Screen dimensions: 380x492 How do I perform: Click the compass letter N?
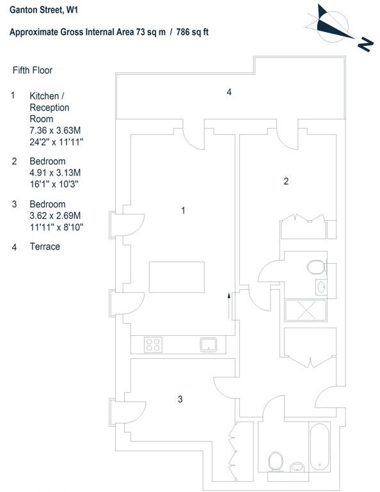pos(365,45)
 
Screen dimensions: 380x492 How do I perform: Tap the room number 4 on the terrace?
pos(229,92)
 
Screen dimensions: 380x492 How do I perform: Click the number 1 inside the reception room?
pos(183,210)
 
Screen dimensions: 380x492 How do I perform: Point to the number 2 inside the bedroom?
pos(286,181)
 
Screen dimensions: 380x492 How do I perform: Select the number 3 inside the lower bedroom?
pos(180,399)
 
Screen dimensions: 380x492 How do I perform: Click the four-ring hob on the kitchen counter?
pos(154,344)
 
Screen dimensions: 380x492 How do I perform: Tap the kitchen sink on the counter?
pos(209,344)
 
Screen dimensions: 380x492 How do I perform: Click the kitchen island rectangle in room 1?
pos(177,277)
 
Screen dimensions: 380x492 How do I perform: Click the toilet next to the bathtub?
pos(276,462)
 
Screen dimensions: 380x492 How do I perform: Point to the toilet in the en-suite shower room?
pos(316,267)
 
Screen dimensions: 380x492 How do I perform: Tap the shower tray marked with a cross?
pos(306,310)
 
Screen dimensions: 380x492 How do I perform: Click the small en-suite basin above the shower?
pos(321,287)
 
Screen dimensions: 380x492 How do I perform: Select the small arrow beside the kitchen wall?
pos(229,306)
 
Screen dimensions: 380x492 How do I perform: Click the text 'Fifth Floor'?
pos(33,70)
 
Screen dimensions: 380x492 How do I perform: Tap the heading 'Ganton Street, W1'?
pos(44,10)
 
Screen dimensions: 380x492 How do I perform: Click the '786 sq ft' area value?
pos(193,32)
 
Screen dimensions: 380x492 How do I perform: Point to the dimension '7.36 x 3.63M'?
pos(55,131)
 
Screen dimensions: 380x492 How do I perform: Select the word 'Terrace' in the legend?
pos(45,246)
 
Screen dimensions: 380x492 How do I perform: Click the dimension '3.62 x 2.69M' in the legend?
pos(55,216)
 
